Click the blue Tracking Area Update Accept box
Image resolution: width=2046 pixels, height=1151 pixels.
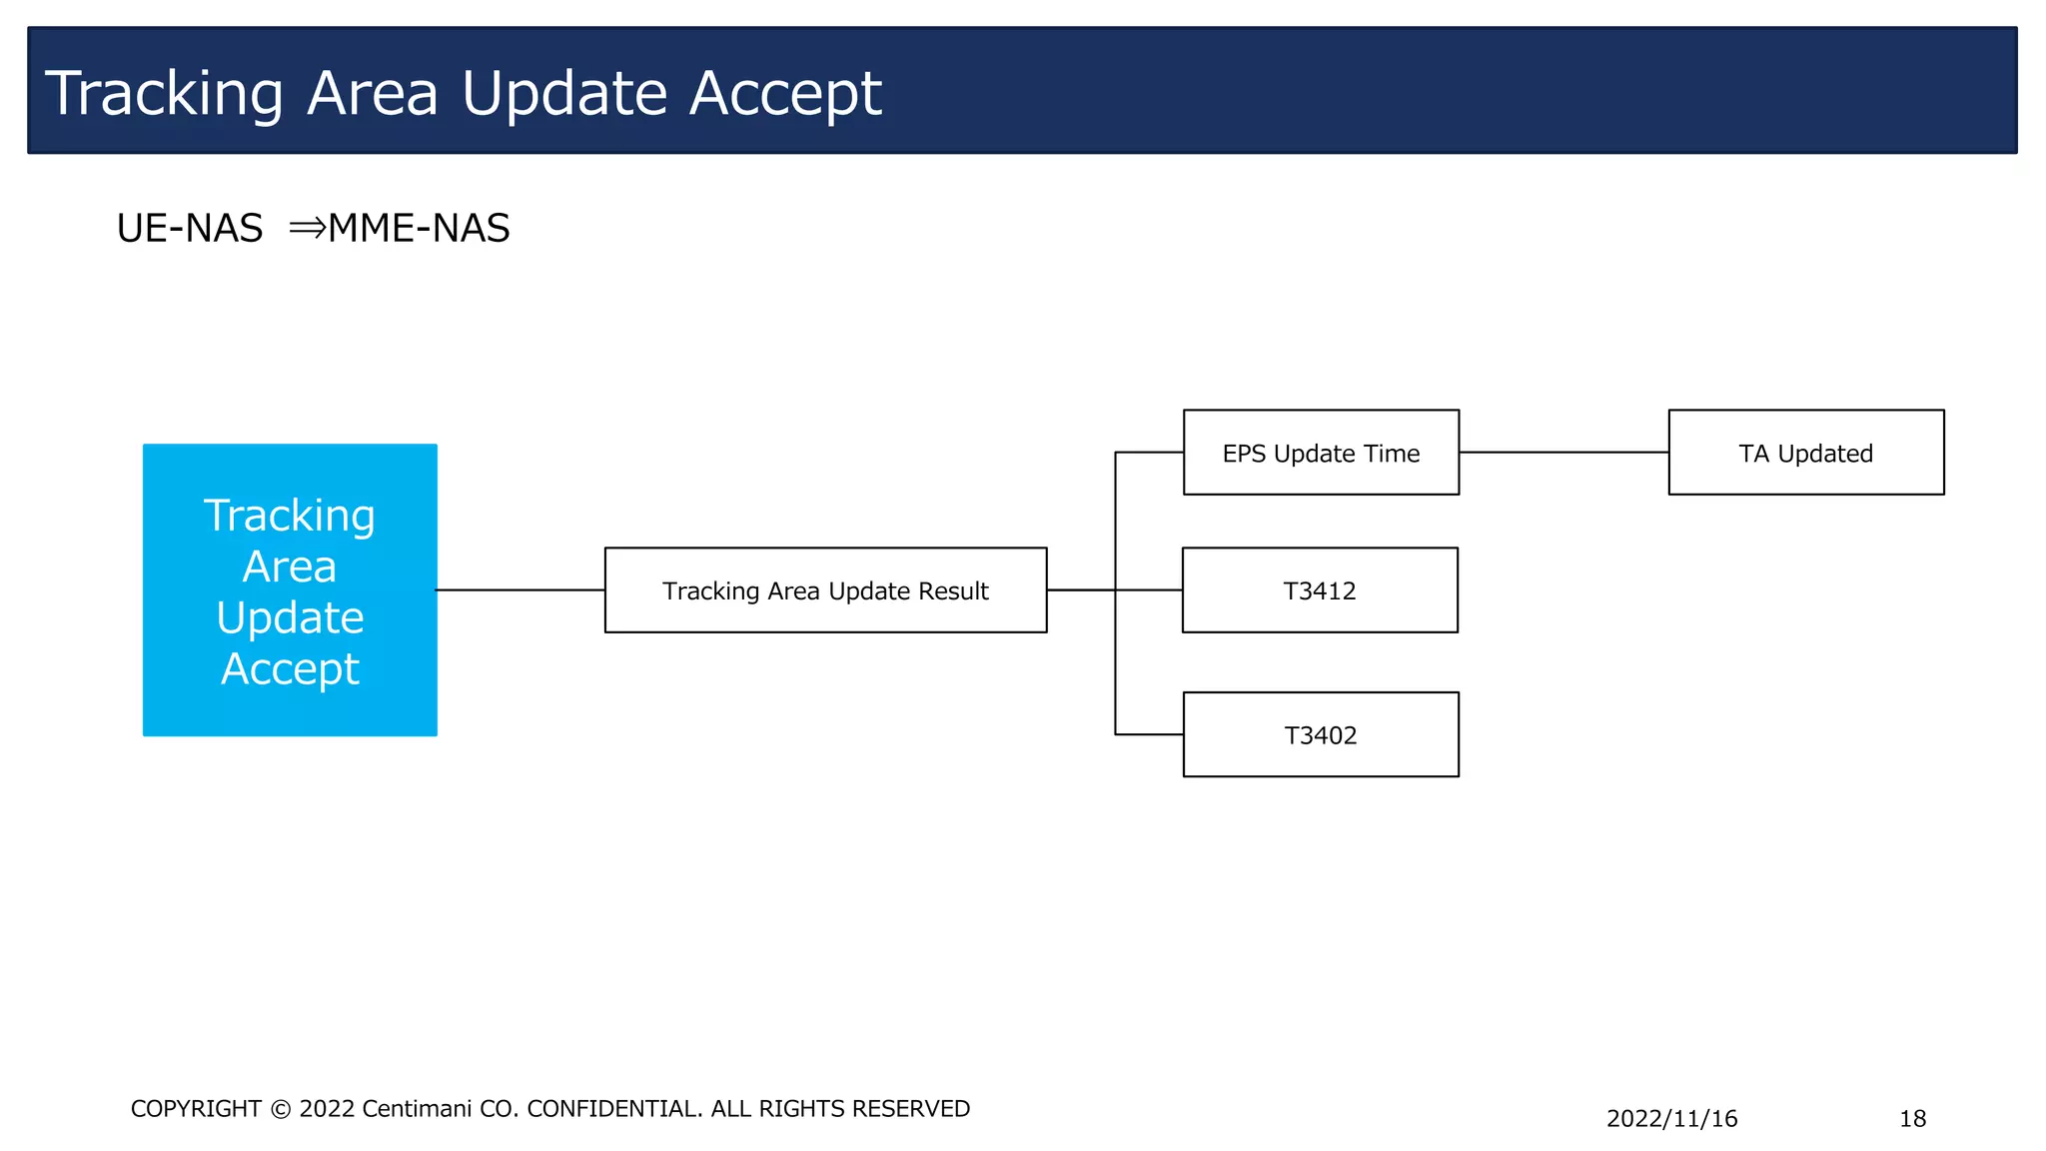(x=290, y=589)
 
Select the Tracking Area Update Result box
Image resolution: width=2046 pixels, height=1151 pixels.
(x=825, y=590)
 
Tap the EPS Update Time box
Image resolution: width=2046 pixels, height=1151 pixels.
(x=1321, y=453)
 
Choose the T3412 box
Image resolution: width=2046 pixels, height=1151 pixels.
(x=1320, y=590)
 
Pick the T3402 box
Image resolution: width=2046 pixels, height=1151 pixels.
(x=1321, y=734)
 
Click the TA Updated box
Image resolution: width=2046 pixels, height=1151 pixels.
(x=1806, y=453)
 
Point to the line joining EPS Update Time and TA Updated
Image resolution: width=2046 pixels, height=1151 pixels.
(x=1563, y=453)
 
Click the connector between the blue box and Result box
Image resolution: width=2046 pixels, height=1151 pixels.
(x=520, y=590)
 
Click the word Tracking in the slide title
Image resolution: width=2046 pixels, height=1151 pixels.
(x=165, y=94)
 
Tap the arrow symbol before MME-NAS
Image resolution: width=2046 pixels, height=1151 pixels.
(x=307, y=228)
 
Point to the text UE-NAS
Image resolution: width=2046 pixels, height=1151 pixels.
(x=190, y=228)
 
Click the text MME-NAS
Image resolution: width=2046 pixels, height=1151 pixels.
(x=419, y=228)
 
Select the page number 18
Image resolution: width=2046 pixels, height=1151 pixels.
(x=1912, y=1118)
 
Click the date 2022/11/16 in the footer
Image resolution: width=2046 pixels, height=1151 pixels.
(x=1671, y=1118)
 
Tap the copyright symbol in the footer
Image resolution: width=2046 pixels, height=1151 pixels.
(x=281, y=1109)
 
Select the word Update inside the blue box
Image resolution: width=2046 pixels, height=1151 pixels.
(x=290, y=617)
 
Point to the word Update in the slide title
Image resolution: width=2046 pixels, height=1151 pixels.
(x=564, y=93)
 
